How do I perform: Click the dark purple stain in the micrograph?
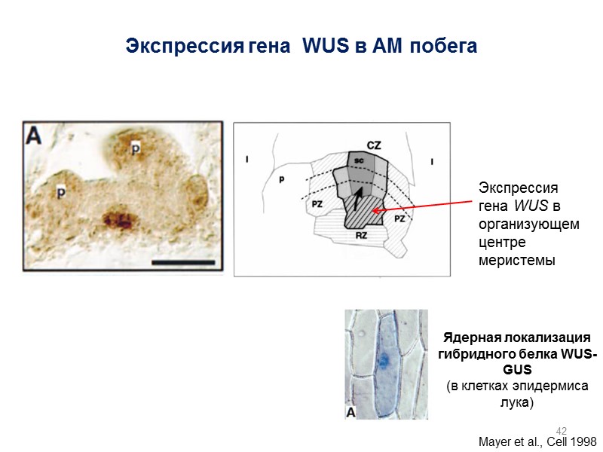[118, 220]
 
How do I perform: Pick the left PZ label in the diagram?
[317, 203]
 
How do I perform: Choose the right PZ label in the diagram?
[399, 218]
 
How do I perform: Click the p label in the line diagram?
[280, 180]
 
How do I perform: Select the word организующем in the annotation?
[529, 224]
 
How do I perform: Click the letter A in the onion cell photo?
[352, 411]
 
